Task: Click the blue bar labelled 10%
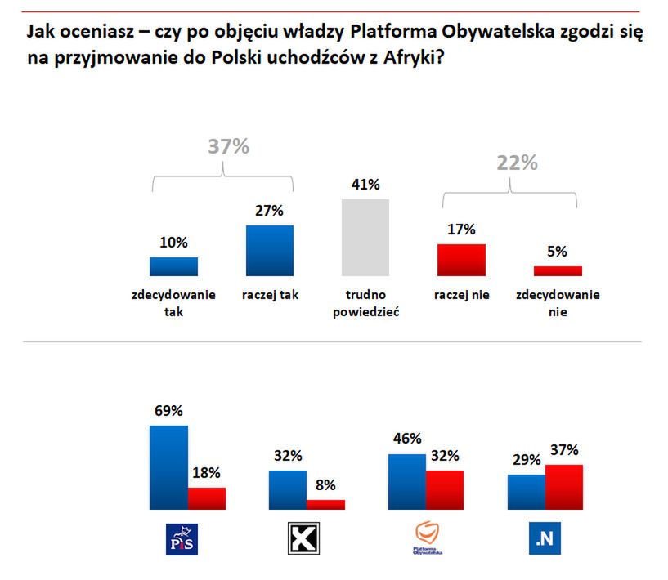click(x=173, y=266)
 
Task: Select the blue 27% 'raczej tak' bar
click(x=269, y=251)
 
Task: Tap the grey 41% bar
click(x=365, y=237)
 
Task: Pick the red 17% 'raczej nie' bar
click(x=462, y=260)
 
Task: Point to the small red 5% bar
click(x=558, y=270)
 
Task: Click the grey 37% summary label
click(x=227, y=147)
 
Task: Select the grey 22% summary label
click(x=517, y=163)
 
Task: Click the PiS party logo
click(x=183, y=539)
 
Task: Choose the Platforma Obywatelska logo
click(x=428, y=539)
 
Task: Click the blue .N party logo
click(x=545, y=539)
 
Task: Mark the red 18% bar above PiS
click(x=206, y=498)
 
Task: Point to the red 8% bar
click(x=325, y=504)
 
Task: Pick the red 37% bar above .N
click(x=564, y=487)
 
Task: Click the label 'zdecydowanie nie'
click(x=558, y=303)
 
